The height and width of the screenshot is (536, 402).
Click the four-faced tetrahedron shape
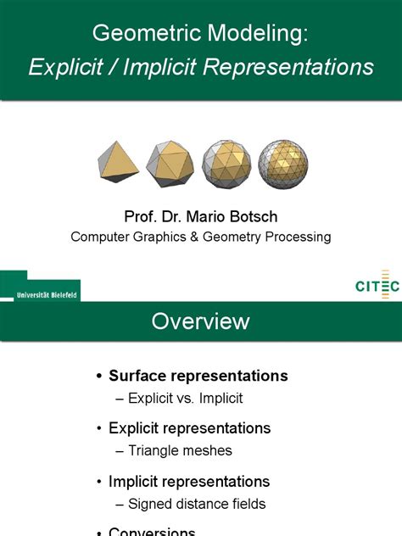(x=119, y=163)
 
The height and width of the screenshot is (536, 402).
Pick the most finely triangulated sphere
(x=283, y=164)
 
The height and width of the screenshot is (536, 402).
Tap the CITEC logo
(x=377, y=285)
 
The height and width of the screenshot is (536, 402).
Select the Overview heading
(x=200, y=321)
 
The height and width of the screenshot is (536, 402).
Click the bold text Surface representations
(x=198, y=376)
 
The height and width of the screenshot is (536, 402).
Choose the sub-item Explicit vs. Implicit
(x=185, y=397)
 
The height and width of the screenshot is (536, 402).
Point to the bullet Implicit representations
(x=189, y=482)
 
